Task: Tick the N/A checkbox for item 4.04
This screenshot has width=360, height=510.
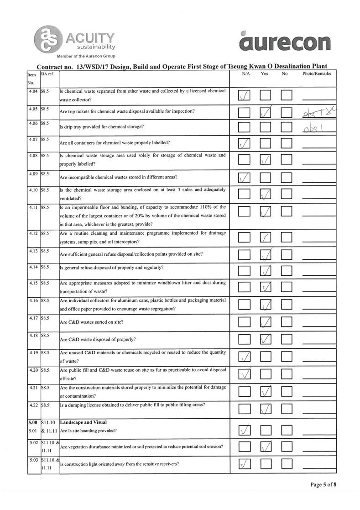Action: click(245, 95)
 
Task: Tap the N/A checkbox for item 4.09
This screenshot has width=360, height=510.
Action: click(245, 178)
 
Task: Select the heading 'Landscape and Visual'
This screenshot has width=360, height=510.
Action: click(83, 422)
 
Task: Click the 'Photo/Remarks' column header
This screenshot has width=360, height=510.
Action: click(317, 74)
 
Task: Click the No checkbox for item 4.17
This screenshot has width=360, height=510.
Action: click(287, 323)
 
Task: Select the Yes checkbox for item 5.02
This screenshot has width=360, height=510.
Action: click(266, 447)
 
